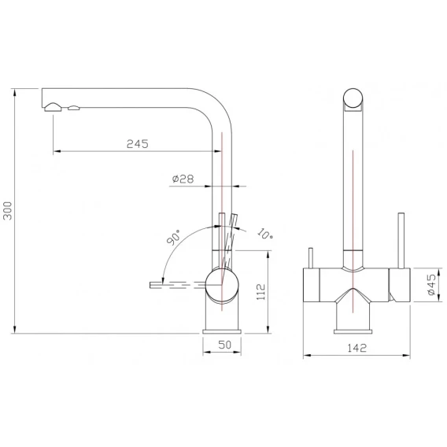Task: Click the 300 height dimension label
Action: (8, 211)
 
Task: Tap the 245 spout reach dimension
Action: (138, 144)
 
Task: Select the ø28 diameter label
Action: (183, 179)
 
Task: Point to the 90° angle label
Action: (174, 237)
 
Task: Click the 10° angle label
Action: (265, 234)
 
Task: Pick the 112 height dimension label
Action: (260, 292)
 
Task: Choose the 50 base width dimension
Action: (224, 345)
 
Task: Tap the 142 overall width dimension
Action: (357, 348)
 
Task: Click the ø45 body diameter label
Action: (431, 285)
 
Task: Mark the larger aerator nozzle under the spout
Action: (53, 107)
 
